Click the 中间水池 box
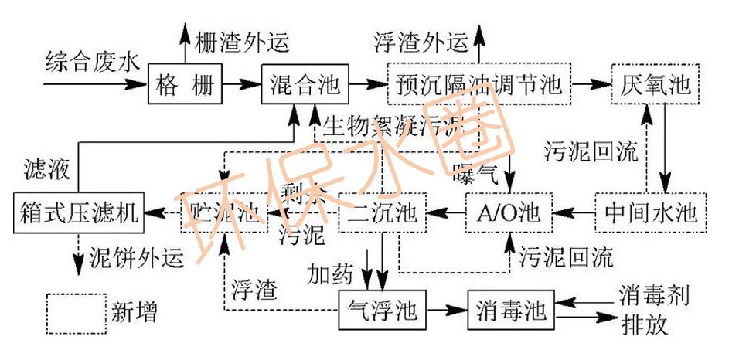coord(651,212)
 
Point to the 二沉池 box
coord(382,212)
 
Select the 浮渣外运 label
coord(421,40)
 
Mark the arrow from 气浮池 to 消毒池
coord(447,311)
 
